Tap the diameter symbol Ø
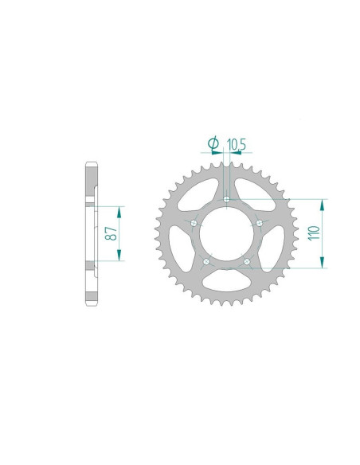[x=213, y=143]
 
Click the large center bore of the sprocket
[x=226, y=233]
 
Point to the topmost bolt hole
[x=227, y=199]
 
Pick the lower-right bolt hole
[x=247, y=261]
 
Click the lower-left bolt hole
[x=206, y=261]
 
